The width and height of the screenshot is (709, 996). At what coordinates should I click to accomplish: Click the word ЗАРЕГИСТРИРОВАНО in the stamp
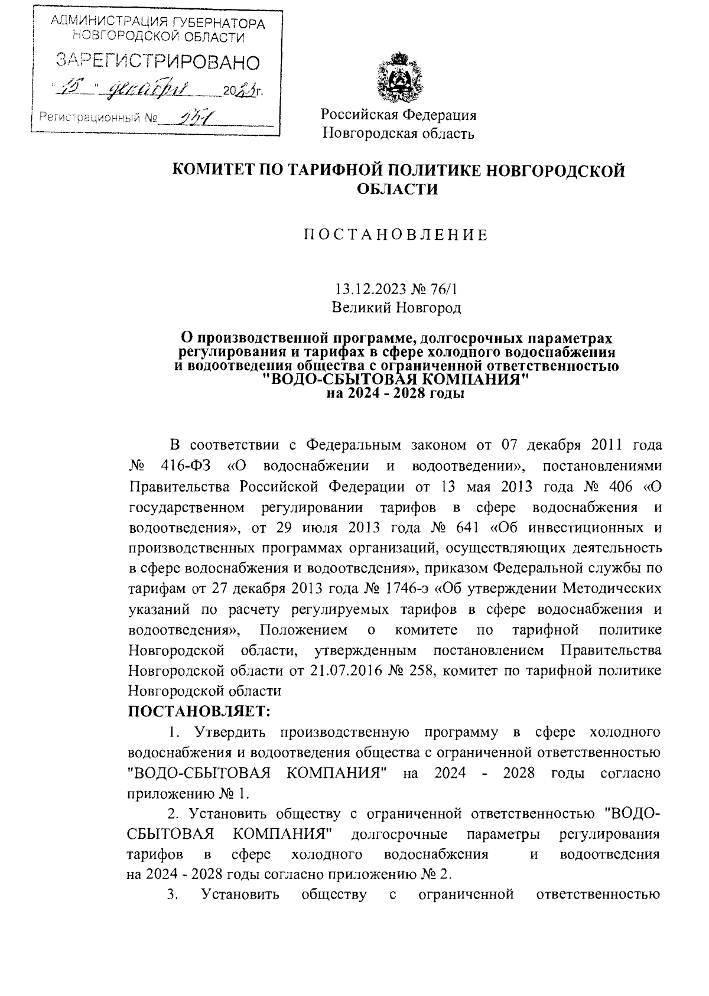[x=158, y=61]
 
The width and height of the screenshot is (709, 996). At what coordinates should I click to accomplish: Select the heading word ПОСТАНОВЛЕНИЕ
[x=396, y=235]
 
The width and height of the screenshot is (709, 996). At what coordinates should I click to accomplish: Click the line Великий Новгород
[x=396, y=308]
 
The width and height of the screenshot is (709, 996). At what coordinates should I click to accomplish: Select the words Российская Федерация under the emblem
[x=398, y=115]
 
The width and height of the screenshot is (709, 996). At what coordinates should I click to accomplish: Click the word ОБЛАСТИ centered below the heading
[x=398, y=190]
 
